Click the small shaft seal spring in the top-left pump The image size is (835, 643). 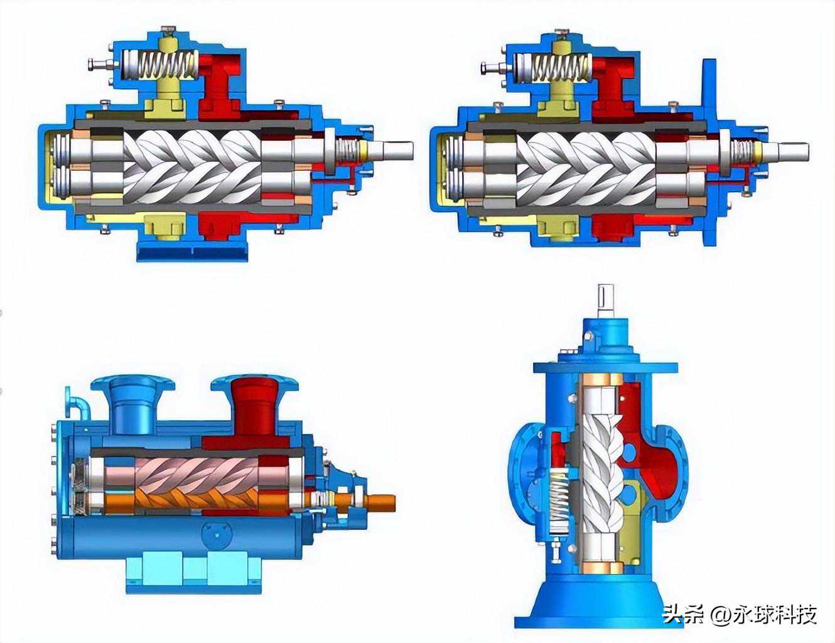coord(348,150)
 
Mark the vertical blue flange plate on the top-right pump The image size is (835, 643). coord(709,152)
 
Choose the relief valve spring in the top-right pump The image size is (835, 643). coord(553,67)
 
